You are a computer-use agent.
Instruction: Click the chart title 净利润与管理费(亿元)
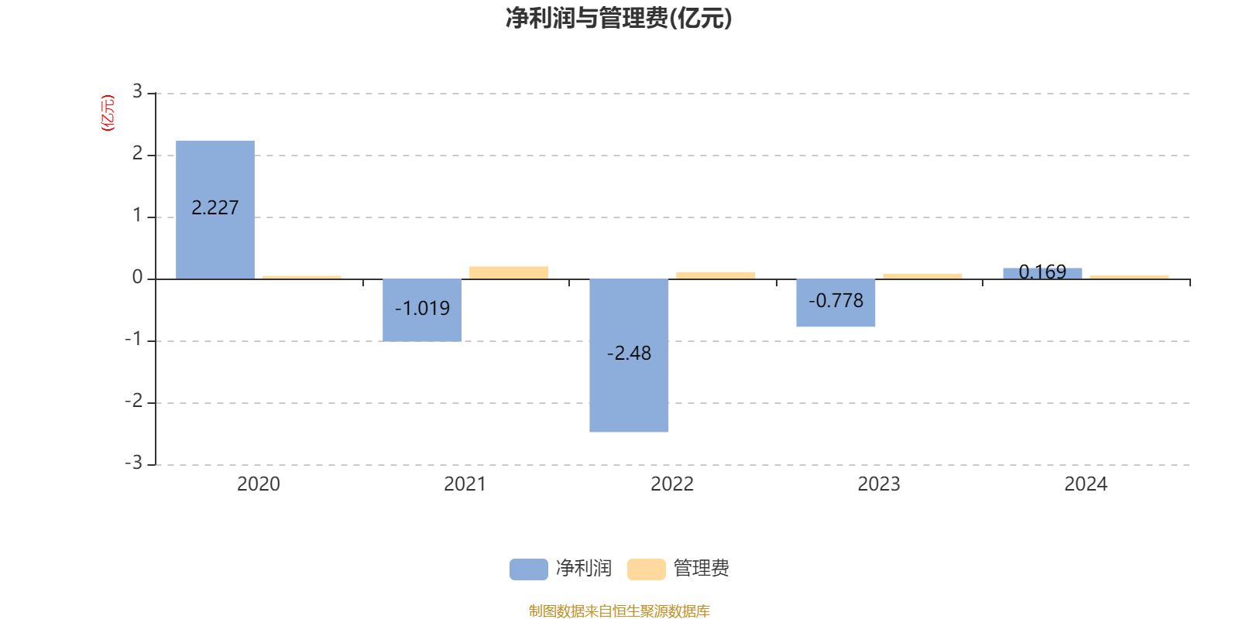pos(619,19)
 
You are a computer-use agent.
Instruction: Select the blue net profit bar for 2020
pos(215,210)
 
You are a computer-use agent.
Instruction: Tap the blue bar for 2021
pos(422,310)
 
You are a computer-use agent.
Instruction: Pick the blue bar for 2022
pos(629,355)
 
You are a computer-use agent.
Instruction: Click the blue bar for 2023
pos(836,303)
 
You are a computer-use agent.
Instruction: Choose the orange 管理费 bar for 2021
pos(509,272)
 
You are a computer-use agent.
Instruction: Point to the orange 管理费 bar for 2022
pos(716,275)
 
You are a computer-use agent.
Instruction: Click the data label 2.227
pos(215,208)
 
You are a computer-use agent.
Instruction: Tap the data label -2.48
pos(630,353)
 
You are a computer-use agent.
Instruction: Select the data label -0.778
pos(836,301)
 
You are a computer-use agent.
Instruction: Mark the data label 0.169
pos(1042,272)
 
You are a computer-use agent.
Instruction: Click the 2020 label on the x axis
pos(259,484)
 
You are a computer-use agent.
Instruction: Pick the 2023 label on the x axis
pos(879,484)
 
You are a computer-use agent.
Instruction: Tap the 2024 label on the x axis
pos(1086,484)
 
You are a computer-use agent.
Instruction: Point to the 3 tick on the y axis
pos(137,91)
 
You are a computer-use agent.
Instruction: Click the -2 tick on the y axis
pos(134,401)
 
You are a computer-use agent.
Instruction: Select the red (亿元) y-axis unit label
pos(108,113)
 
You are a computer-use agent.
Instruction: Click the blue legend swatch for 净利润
pos(529,569)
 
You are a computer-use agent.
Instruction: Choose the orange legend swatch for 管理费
pos(646,569)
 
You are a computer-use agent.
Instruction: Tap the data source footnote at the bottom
pos(619,610)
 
